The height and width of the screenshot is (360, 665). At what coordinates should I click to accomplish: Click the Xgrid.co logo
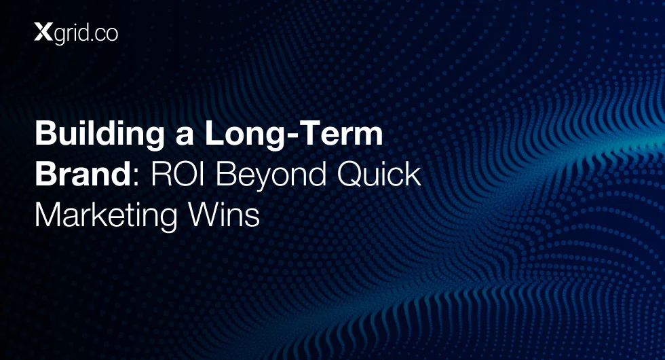click(x=76, y=33)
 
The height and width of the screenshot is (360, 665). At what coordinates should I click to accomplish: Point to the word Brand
click(x=83, y=174)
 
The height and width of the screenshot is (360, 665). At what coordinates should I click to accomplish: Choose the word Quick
click(x=379, y=175)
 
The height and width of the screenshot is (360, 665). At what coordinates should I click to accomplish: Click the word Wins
click(x=223, y=215)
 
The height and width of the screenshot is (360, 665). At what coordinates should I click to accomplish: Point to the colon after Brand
click(x=136, y=178)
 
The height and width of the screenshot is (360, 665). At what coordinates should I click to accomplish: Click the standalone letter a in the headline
click(x=185, y=137)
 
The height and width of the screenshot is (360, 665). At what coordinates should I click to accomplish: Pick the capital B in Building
click(x=45, y=133)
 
